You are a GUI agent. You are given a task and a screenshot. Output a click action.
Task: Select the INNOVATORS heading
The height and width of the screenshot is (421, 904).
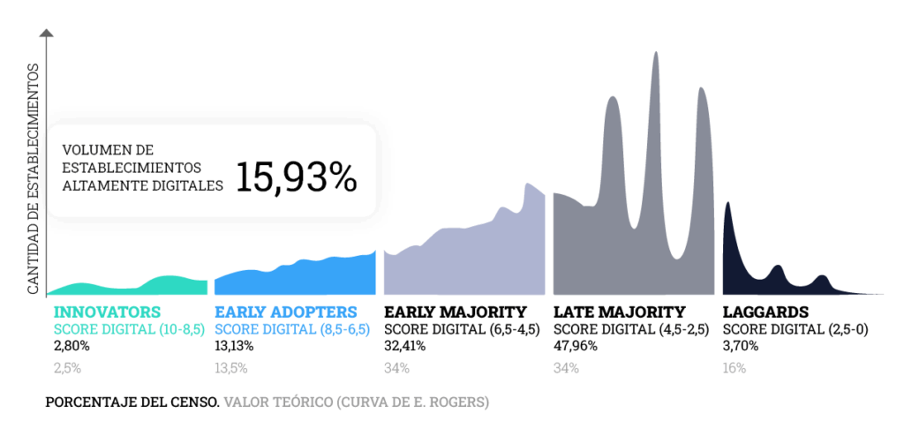click(107, 312)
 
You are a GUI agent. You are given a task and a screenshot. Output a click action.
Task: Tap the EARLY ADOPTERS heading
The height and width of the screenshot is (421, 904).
click(286, 312)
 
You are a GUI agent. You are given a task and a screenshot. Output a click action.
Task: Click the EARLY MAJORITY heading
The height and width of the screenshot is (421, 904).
click(455, 312)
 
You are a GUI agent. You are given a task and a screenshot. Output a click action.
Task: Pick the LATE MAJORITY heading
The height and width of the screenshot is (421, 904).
click(619, 312)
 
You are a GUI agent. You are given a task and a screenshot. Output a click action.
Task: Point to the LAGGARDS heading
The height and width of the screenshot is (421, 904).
click(765, 312)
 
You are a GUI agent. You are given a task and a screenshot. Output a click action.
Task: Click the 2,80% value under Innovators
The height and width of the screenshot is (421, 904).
click(72, 345)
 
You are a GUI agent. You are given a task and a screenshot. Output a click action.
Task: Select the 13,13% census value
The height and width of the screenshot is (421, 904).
click(234, 345)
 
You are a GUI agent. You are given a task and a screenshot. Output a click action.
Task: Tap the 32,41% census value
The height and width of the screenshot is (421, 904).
click(403, 345)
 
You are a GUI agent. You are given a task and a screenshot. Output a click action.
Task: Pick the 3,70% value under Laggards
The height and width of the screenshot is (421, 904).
click(740, 345)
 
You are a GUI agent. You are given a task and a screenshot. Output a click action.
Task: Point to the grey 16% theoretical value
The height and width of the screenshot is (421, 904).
click(734, 368)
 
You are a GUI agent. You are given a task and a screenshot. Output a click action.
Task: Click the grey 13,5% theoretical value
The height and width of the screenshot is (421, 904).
click(231, 368)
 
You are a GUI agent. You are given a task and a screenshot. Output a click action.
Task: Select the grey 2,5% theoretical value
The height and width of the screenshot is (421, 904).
click(68, 368)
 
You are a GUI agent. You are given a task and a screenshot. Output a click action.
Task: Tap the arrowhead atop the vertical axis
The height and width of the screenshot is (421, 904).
click(47, 33)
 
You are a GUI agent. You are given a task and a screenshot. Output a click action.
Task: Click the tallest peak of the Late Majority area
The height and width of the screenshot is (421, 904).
click(656, 55)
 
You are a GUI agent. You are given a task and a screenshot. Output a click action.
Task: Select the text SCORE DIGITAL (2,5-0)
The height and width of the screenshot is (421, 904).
click(795, 329)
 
